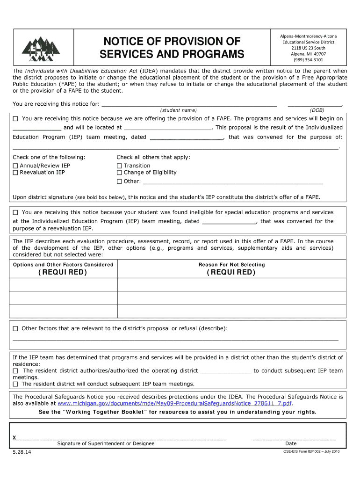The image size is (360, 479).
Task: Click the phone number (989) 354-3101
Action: (308, 60)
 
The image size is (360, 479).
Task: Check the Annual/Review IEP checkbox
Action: (15, 166)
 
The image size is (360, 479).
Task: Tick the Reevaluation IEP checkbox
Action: (15, 173)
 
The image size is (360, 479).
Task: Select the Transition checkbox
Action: (119, 166)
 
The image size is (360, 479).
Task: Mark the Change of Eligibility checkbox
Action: (119, 173)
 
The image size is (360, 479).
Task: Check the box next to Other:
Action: (119, 181)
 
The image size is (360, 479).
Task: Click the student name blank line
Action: (189, 104)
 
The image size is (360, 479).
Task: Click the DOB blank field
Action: (315, 104)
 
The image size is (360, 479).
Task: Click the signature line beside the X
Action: (122, 437)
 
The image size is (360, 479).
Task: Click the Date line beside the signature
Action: (294, 437)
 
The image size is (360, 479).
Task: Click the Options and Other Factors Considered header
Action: (63, 265)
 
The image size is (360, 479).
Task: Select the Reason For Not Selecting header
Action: (231, 265)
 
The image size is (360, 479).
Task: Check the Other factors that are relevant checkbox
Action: (15, 329)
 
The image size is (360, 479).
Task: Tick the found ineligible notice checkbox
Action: (15, 212)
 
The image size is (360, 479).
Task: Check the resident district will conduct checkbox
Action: (15, 384)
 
